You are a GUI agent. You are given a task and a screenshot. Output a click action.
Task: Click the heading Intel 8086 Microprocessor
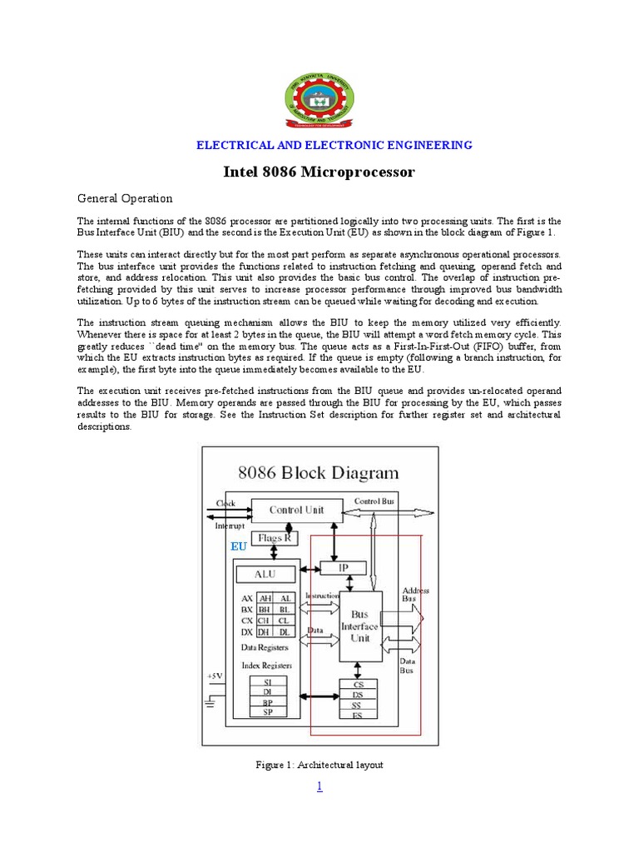[x=319, y=172]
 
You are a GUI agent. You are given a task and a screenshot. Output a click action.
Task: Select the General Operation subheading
[x=125, y=198]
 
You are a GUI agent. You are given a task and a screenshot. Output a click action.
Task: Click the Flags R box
[x=274, y=538]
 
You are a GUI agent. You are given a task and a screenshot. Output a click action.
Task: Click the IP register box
[x=344, y=567]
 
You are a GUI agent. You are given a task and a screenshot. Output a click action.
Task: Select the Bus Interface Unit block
[x=359, y=626]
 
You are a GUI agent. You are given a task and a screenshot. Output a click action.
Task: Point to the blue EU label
[x=239, y=546]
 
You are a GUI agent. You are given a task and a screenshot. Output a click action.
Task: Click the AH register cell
[x=265, y=598]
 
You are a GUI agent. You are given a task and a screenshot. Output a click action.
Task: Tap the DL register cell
[x=285, y=632]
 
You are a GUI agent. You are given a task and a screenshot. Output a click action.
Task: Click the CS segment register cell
[x=359, y=685]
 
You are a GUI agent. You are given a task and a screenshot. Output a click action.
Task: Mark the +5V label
[x=215, y=676]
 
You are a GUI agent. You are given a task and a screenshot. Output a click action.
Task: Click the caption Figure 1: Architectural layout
[x=319, y=765]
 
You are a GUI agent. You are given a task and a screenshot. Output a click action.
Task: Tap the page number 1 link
[x=319, y=786]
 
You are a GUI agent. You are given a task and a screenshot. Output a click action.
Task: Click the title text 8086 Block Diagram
[x=319, y=473]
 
